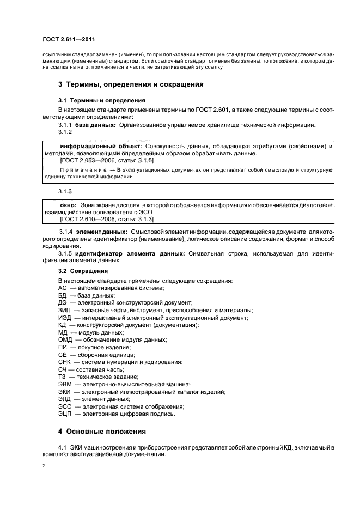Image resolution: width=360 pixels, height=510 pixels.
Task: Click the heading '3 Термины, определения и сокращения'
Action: click(131, 84)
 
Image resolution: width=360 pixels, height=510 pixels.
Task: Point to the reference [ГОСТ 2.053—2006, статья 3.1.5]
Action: click(106, 161)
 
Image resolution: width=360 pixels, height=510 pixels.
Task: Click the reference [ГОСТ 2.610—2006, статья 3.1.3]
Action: click(106, 218)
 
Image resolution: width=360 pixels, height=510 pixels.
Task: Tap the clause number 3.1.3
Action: click(65, 191)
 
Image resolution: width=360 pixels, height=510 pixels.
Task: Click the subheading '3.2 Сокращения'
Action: click(83, 270)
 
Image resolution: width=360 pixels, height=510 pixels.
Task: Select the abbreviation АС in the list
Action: click(62, 288)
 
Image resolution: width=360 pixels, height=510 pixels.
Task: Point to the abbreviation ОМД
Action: click(65, 339)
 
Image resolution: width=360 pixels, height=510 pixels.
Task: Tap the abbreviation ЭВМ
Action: click(65, 384)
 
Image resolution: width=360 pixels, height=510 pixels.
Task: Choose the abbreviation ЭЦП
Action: click(65, 414)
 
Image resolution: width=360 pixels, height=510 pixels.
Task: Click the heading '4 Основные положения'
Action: click(102, 432)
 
